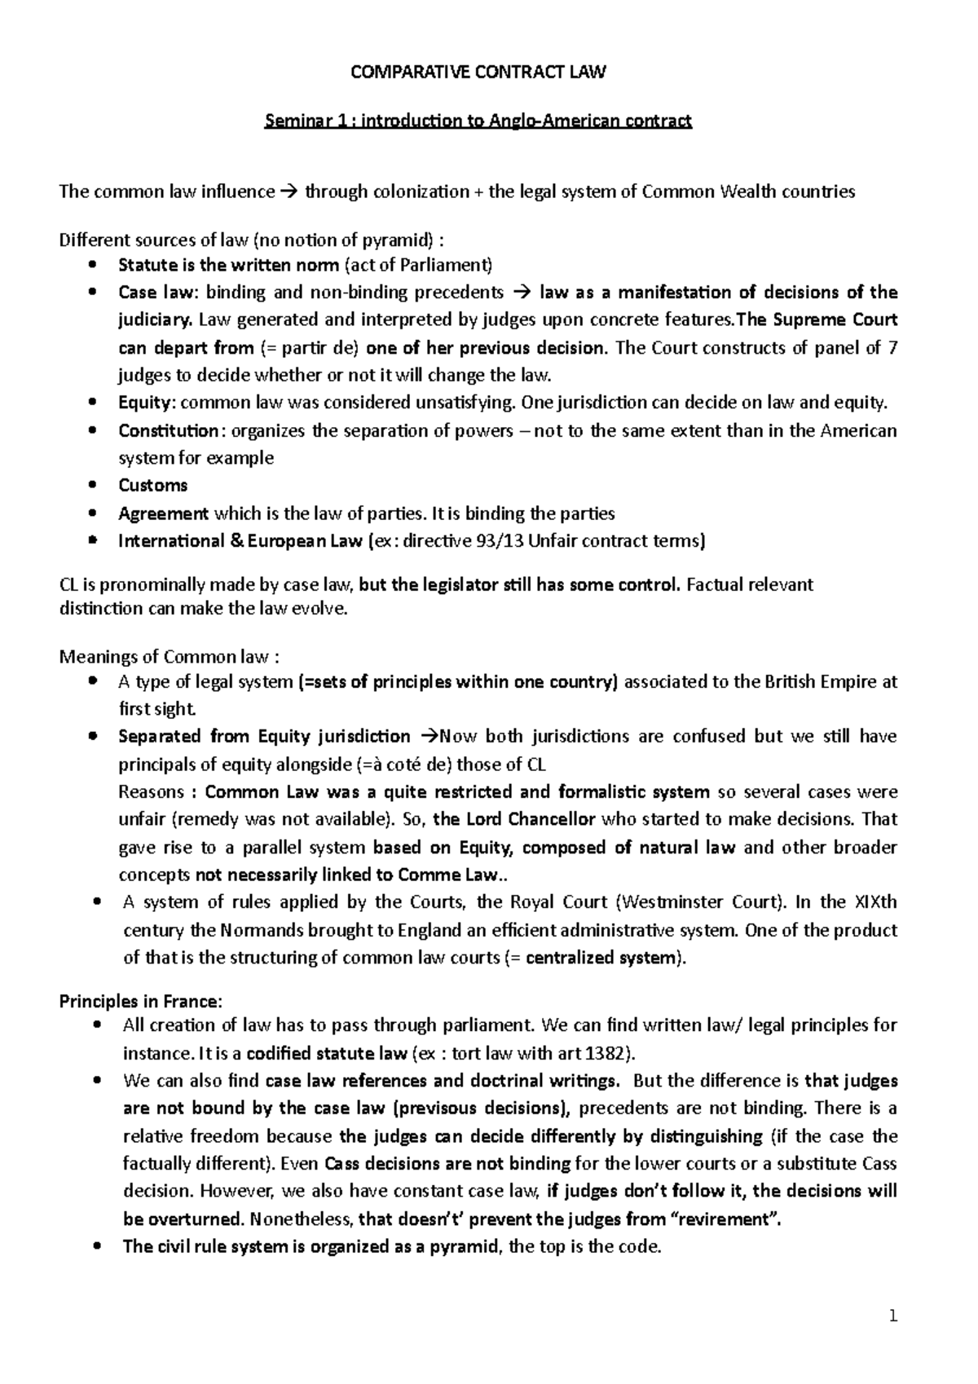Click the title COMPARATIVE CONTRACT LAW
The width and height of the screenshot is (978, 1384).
(x=478, y=73)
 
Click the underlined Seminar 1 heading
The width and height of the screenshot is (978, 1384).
(x=478, y=121)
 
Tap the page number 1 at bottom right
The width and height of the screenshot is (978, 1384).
(x=893, y=1316)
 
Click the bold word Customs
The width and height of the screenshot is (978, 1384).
(x=152, y=486)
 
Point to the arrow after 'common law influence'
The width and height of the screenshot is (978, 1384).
(x=290, y=192)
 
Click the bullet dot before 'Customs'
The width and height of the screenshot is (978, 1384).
(x=97, y=486)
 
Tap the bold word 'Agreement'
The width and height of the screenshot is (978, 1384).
(x=163, y=513)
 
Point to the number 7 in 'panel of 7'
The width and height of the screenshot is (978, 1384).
(x=892, y=348)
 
